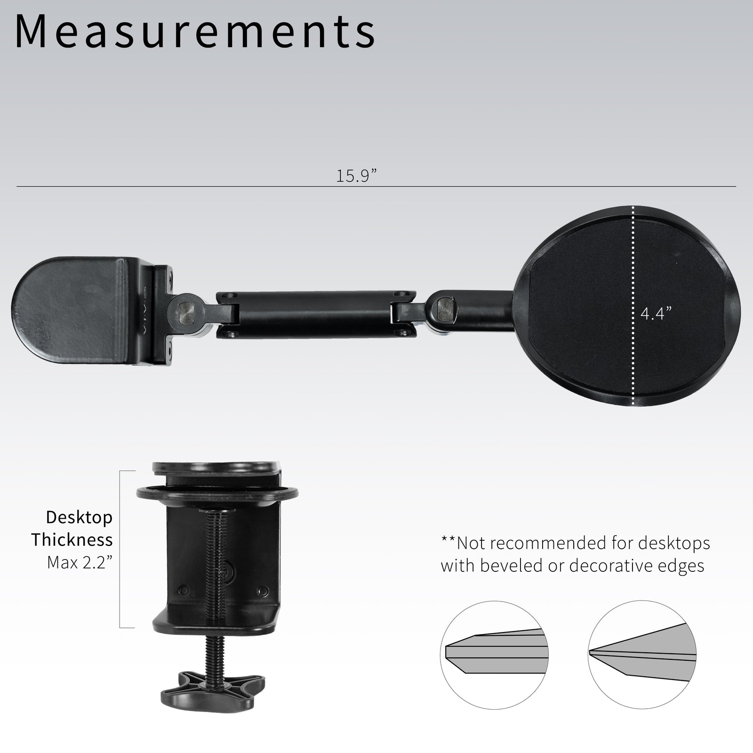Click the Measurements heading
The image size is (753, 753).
click(x=195, y=32)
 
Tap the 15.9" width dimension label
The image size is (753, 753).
click(x=356, y=176)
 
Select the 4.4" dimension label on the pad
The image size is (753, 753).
click(x=656, y=313)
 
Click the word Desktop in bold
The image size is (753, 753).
click(x=79, y=518)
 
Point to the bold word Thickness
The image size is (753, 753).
click(x=72, y=540)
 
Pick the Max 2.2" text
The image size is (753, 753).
click(x=80, y=562)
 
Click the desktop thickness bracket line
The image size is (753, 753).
click(x=120, y=549)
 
